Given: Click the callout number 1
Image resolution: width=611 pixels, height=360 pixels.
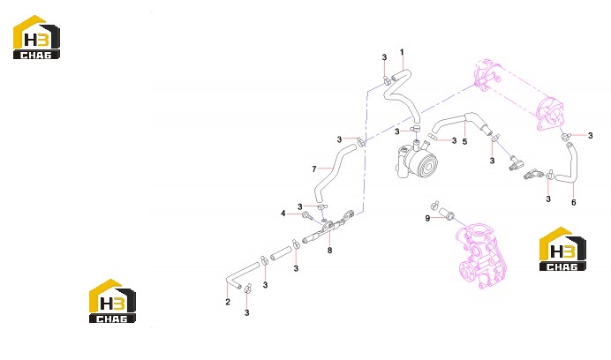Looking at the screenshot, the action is click(x=402, y=52).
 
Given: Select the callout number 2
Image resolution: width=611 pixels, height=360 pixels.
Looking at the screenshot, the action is click(x=228, y=302).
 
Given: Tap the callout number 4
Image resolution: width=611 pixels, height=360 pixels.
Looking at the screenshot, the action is click(x=283, y=214).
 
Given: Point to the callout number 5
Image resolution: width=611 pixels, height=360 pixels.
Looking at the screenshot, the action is click(x=464, y=142).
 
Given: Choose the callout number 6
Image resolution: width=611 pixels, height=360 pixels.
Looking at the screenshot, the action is click(x=574, y=203).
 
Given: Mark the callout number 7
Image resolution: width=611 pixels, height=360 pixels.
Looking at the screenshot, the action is click(x=314, y=169).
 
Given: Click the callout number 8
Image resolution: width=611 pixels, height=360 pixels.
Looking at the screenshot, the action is click(x=329, y=251).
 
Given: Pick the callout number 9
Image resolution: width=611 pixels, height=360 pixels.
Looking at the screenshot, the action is click(x=427, y=219).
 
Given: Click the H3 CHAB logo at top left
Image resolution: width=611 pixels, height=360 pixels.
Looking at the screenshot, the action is click(x=36, y=37).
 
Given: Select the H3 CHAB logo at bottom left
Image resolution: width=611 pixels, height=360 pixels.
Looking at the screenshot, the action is click(x=113, y=301).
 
